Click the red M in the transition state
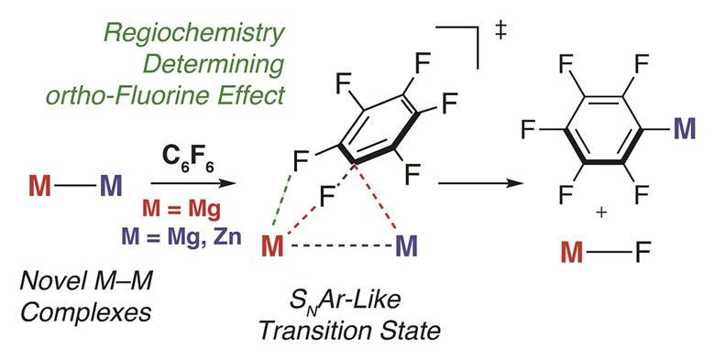(273, 247)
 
